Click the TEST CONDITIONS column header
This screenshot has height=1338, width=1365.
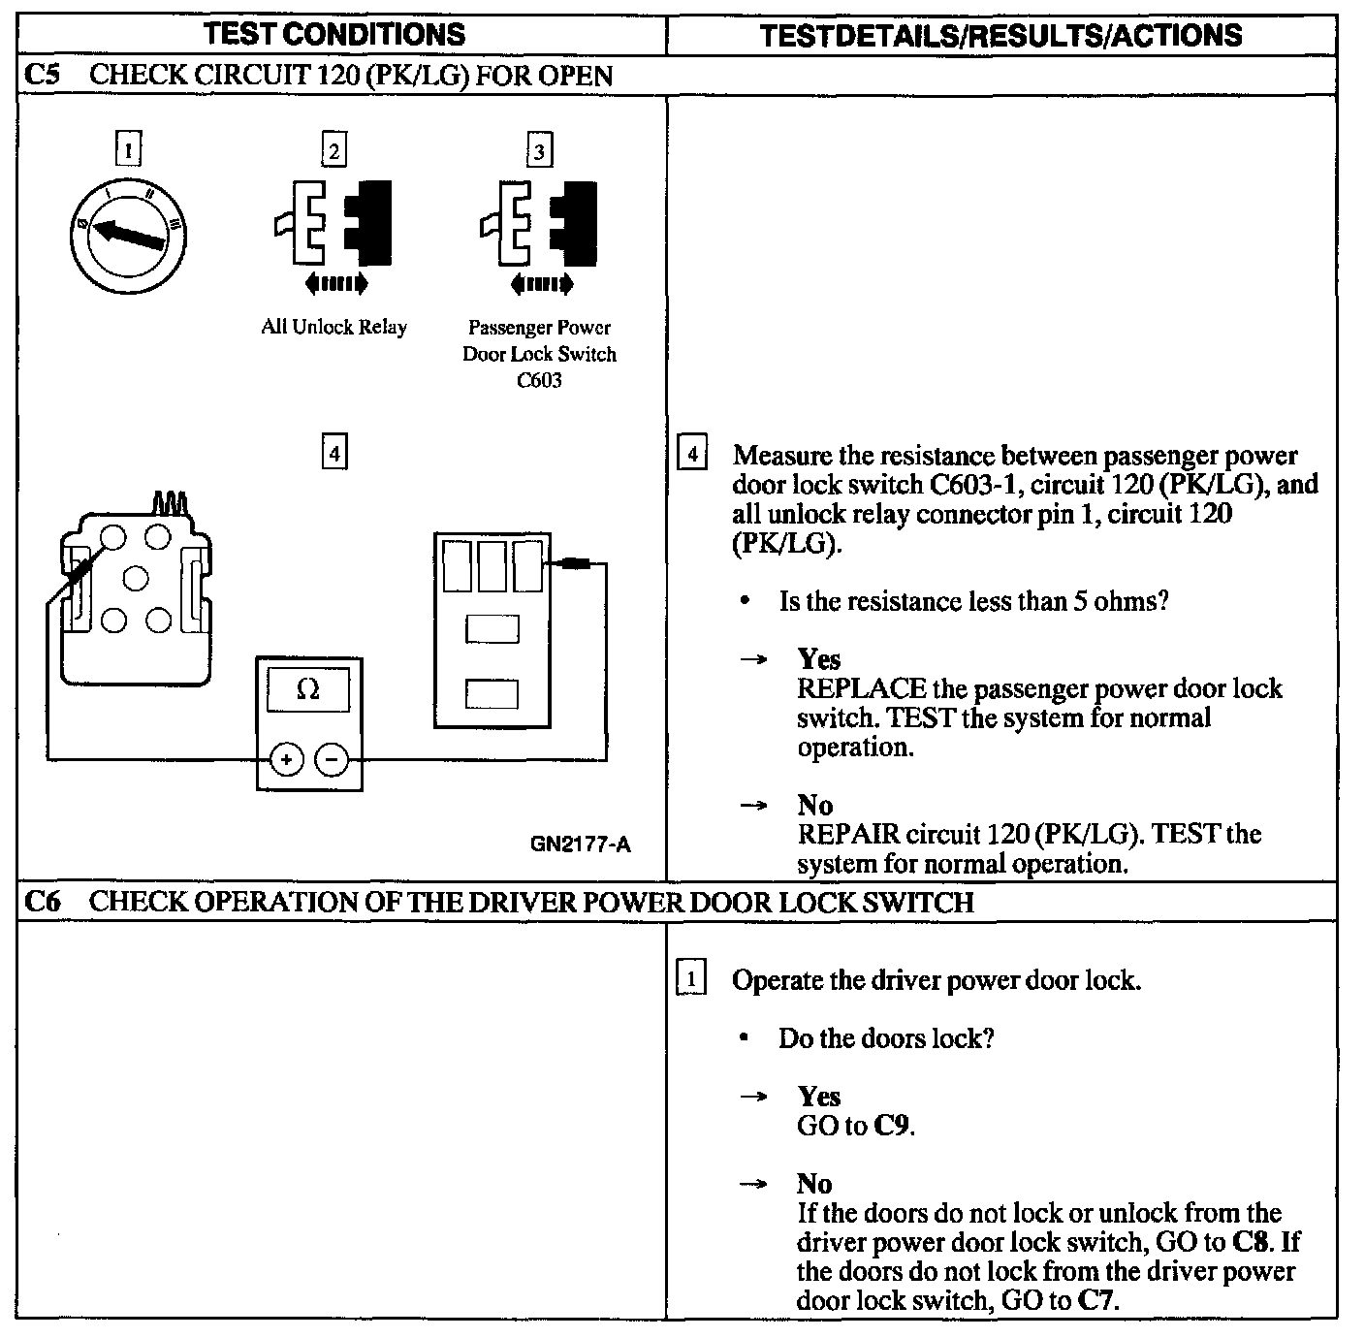tap(335, 35)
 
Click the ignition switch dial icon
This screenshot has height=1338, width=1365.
tap(128, 233)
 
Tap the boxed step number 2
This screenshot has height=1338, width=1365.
tap(333, 150)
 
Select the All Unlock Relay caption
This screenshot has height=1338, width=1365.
tap(333, 327)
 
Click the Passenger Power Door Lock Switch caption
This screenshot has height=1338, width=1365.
tap(539, 354)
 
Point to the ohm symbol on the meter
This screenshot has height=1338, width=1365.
tap(308, 689)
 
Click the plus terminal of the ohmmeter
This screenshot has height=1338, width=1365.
tap(285, 760)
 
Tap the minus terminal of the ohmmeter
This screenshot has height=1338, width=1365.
tap(333, 760)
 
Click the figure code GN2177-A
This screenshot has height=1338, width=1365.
tap(580, 844)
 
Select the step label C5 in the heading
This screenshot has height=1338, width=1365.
tap(43, 76)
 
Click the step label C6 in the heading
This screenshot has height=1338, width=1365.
tap(43, 902)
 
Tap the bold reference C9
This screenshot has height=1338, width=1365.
tap(893, 1126)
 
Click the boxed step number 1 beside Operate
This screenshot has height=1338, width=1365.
tap(690, 978)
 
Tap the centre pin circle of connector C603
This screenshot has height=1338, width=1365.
tap(136, 578)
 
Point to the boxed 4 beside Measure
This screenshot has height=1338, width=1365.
tap(690, 455)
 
